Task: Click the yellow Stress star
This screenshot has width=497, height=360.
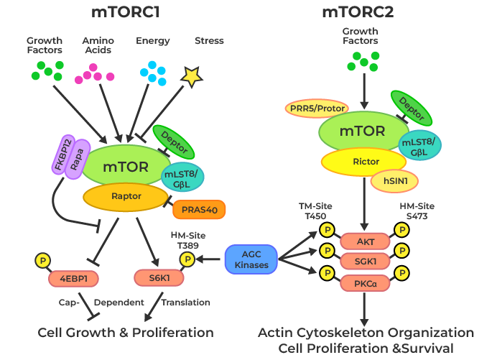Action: tap(190, 76)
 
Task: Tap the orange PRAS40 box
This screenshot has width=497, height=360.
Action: tap(199, 210)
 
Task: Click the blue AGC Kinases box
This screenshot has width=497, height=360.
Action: tap(251, 259)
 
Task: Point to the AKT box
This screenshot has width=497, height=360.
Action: tap(366, 241)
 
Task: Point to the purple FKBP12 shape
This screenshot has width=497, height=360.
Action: tap(62, 156)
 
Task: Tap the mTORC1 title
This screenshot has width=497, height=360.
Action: tap(126, 12)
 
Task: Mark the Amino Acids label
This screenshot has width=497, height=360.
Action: tap(98, 45)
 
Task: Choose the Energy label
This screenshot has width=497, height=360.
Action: tap(153, 41)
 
